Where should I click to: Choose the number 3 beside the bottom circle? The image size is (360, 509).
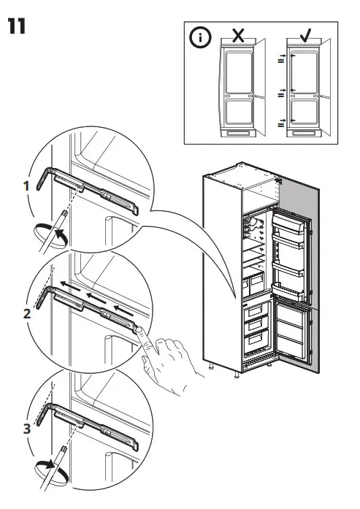pyautogui.click(x=26, y=429)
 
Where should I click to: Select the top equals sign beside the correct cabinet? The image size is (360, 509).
pyautogui.click(x=280, y=61)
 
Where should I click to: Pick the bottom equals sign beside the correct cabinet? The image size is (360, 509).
pyautogui.click(x=280, y=125)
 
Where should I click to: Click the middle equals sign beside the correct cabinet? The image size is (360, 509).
pyautogui.click(x=280, y=95)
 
